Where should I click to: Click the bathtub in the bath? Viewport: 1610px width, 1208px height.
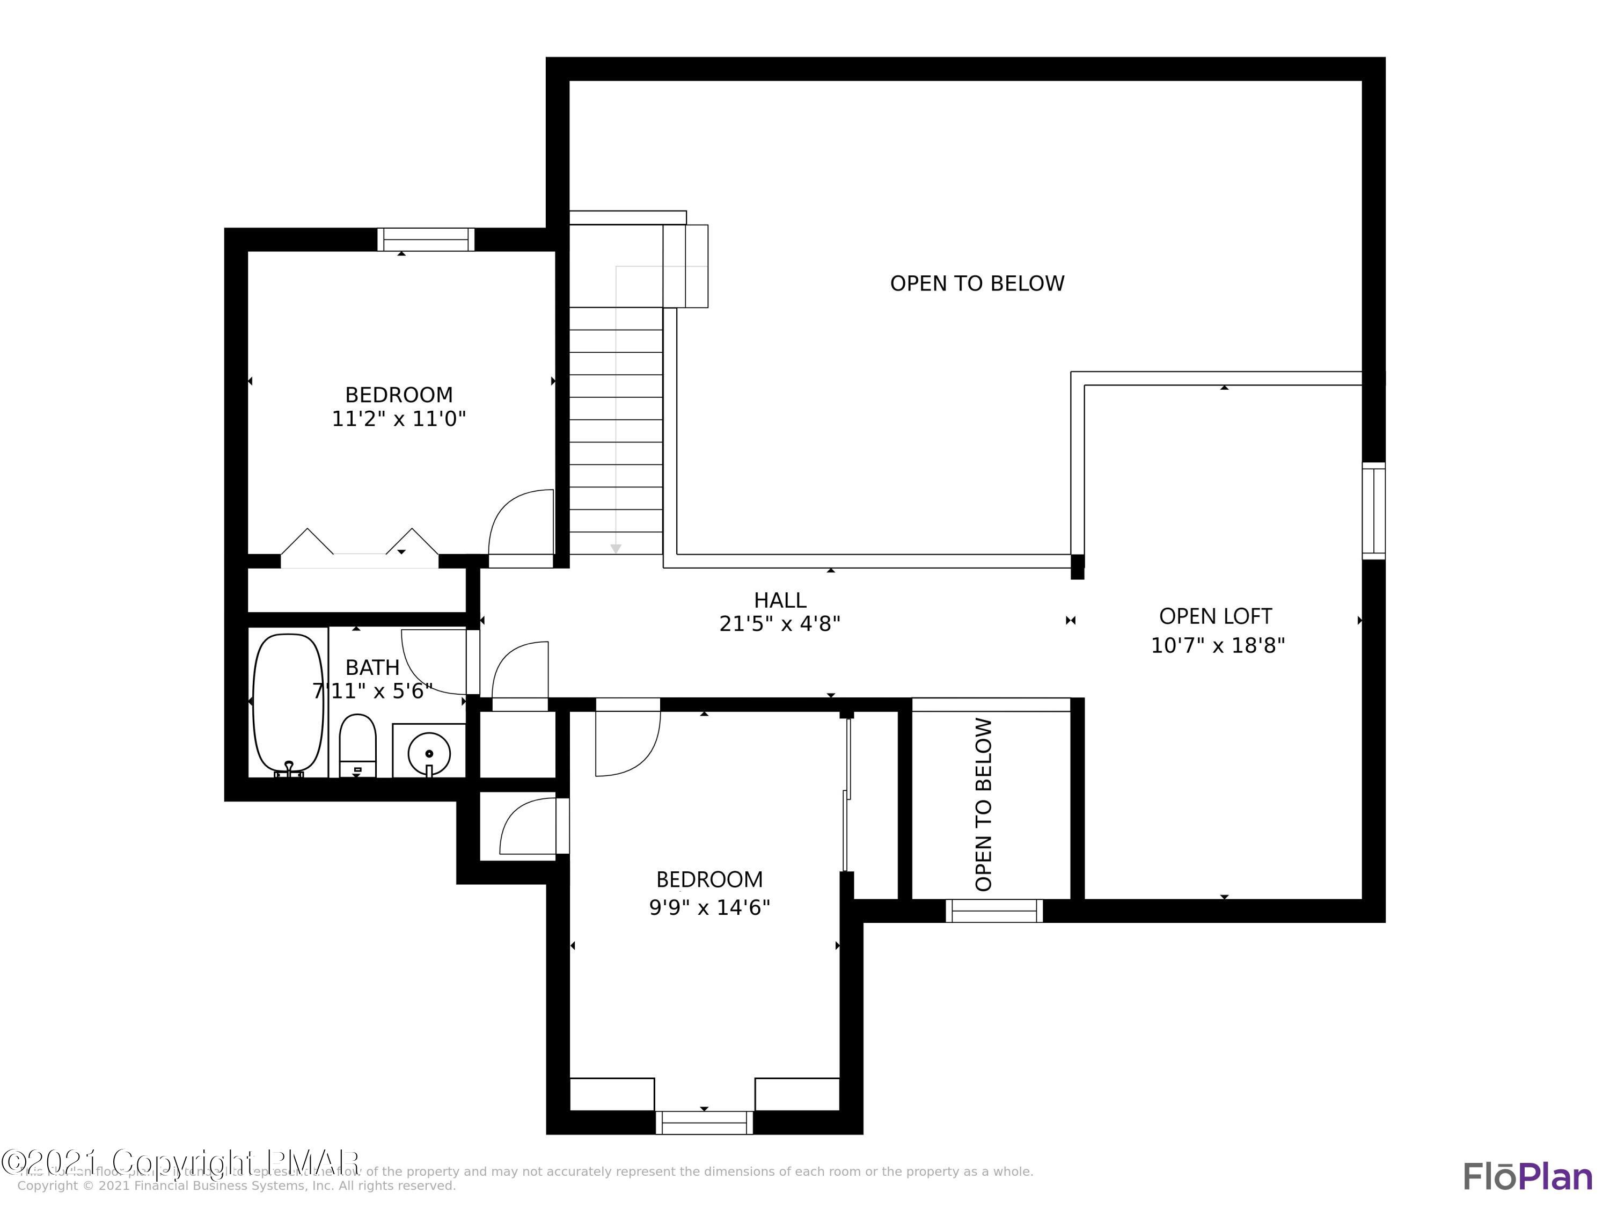click(x=288, y=703)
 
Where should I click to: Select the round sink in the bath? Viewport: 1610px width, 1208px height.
click(x=429, y=753)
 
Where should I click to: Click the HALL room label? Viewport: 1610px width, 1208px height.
click(x=780, y=600)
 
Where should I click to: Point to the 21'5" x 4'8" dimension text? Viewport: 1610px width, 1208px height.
click(x=780, y=624)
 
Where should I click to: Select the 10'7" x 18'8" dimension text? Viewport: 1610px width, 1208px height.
click(x=1217, y=646)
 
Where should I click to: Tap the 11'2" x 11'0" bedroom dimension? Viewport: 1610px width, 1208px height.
click(x=398, y=419)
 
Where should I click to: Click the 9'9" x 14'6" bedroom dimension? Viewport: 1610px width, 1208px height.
click(x=709, y=907)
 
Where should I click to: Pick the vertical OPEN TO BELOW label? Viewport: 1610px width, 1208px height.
click(x=983, y=805)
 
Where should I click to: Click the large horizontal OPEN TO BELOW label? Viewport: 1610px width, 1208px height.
click(x=977, y=283)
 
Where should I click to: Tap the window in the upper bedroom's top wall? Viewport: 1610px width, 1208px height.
click(x=426, y=239)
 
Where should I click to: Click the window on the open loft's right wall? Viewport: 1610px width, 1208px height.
click(x=1373, y=511)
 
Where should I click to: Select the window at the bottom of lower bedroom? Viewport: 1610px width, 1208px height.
click(x=704, y=1122)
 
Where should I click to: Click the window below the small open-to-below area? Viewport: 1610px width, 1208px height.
click(x=993, y=911)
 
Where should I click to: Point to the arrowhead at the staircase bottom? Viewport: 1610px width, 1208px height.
click(x=616, y=548)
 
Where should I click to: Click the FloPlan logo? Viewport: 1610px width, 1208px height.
click(x=1527, y=1177)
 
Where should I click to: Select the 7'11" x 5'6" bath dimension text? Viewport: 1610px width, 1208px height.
click(x=372, y=691)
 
